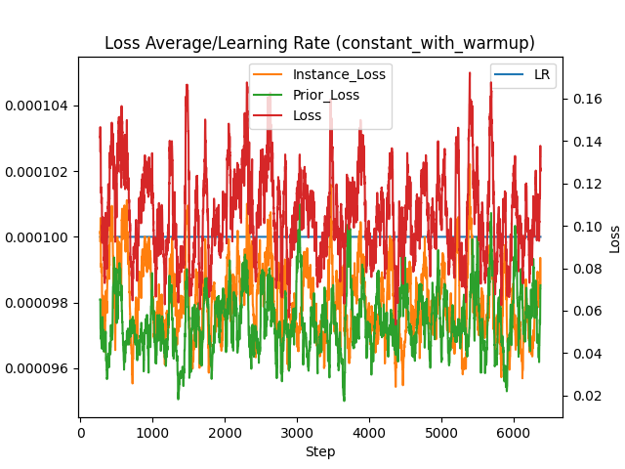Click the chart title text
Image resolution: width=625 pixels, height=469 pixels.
point(319,44)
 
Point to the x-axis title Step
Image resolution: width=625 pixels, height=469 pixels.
point(319,451)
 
